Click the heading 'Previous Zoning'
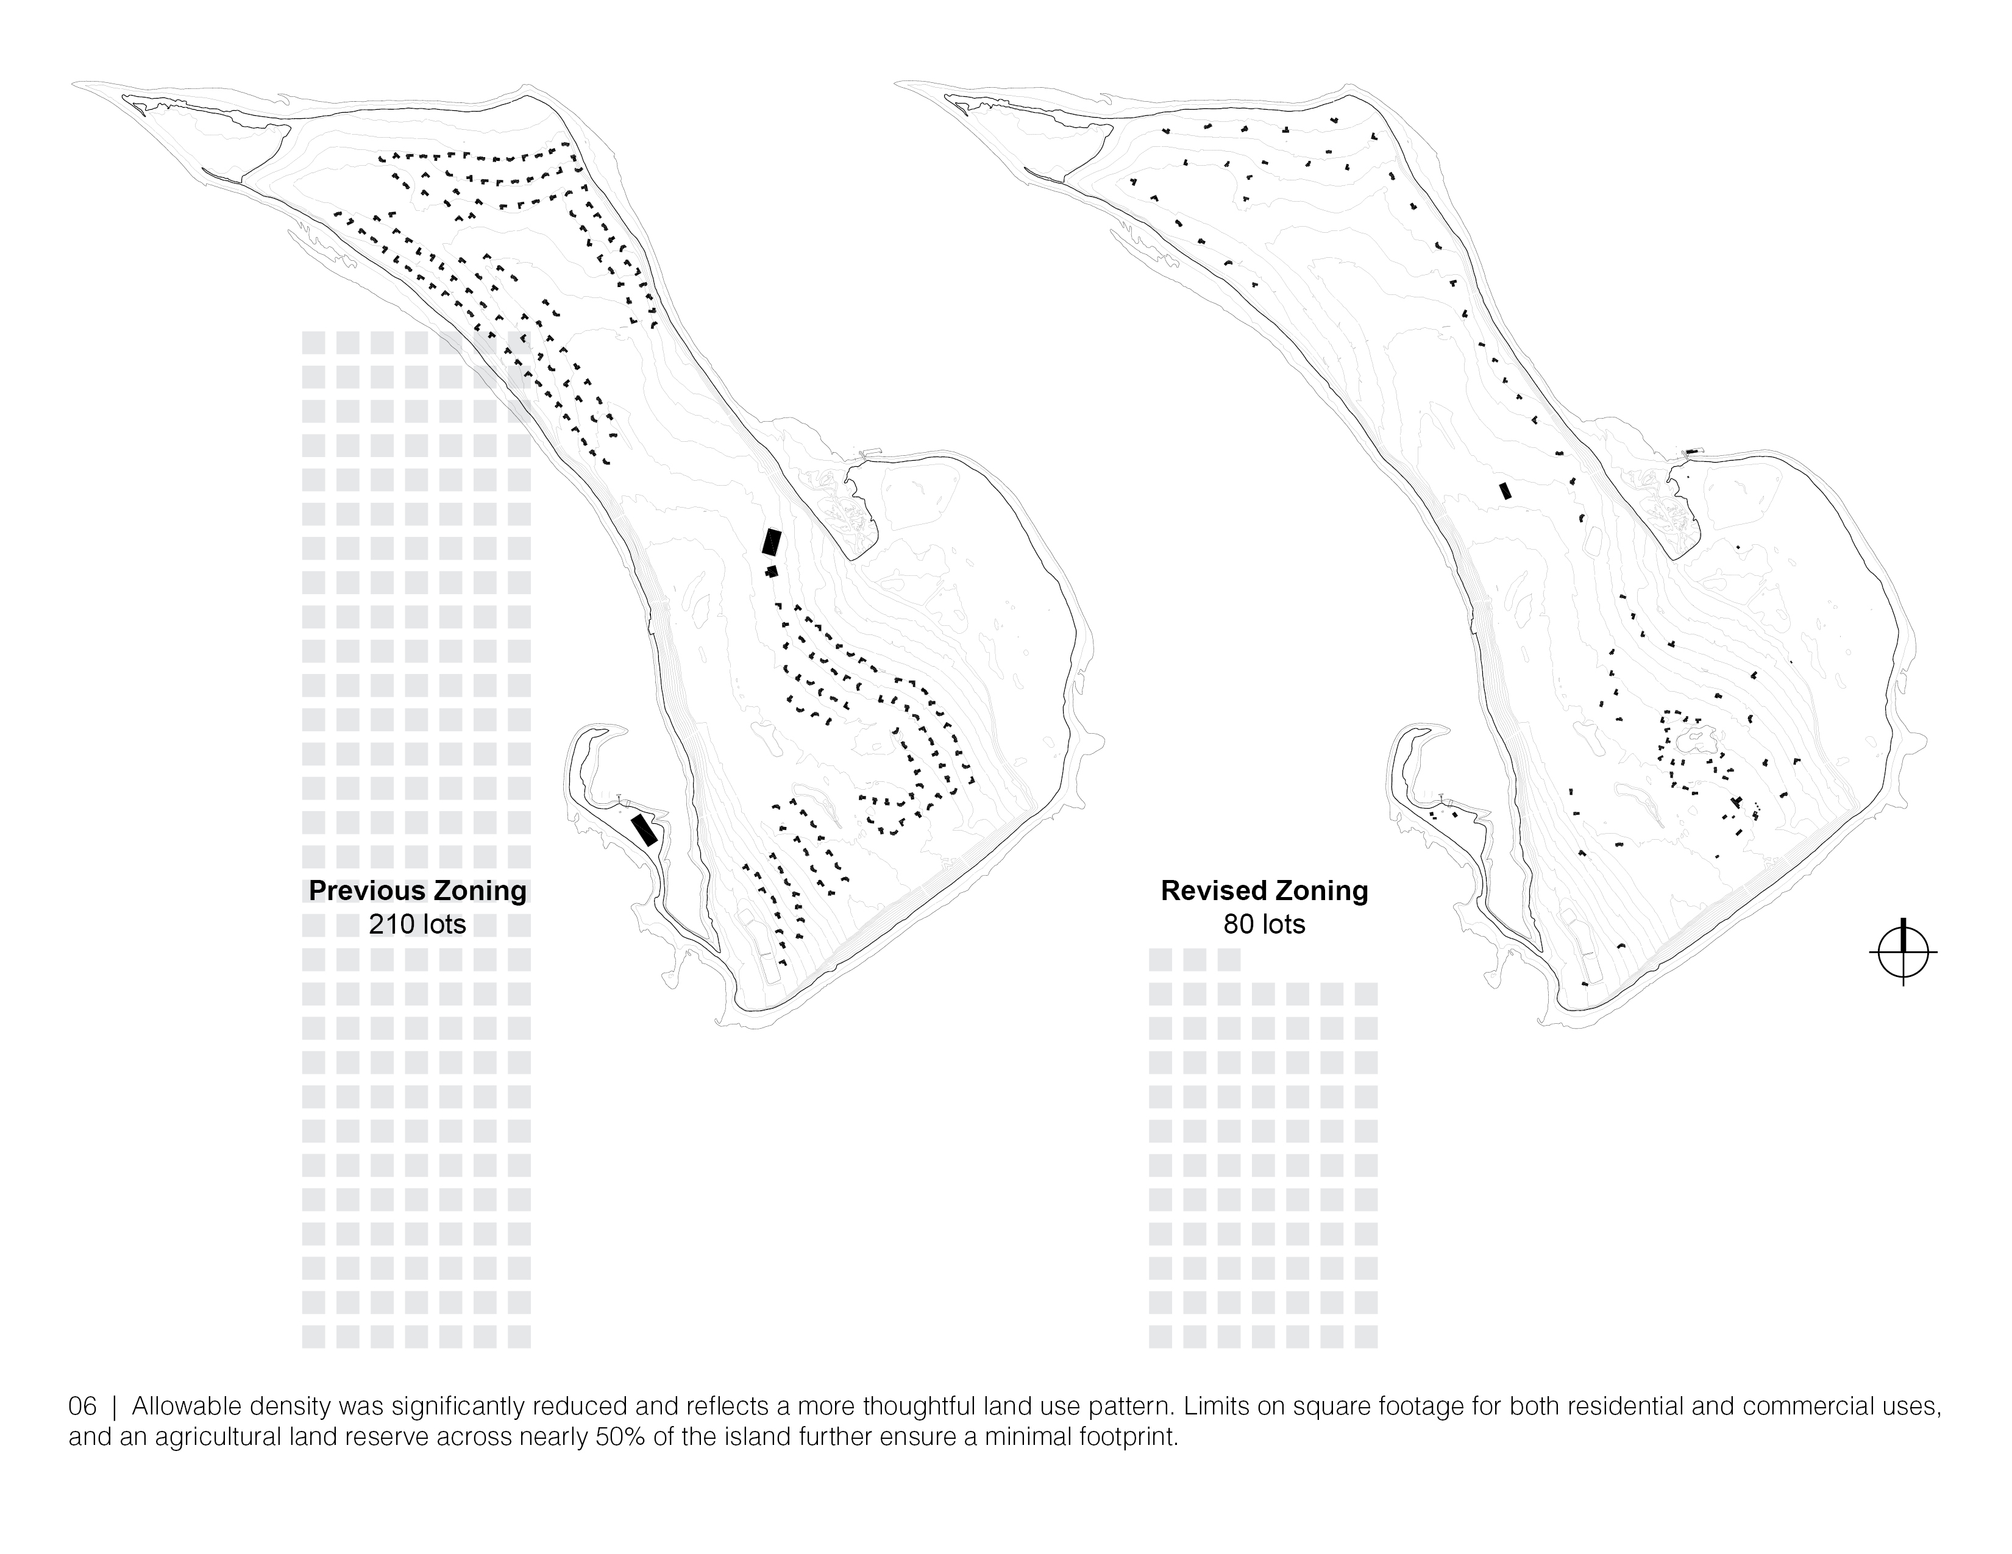pos(418,891)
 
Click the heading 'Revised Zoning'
pos(1264,891)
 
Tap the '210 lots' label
pos(418,924)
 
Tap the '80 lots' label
pos(1264,924)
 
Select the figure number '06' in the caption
pos(82,1408)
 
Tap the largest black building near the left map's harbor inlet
pos(771,541)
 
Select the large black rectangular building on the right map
pos(1505,491)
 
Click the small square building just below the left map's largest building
pos(772,572)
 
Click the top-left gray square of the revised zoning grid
pos(1160,960)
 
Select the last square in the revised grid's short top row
pos(1228,960)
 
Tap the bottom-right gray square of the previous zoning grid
pos(519,1336)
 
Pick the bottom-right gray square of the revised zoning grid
pos(1365,1336)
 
